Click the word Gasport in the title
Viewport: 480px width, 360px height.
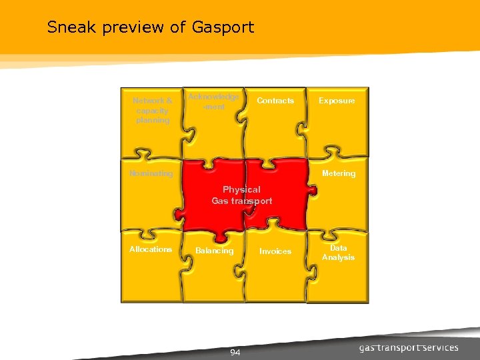pos(223,28)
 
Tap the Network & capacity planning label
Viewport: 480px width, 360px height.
pos(153,111)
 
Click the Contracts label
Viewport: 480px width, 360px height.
pos(275,101)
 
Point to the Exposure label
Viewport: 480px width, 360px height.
pos(337,101)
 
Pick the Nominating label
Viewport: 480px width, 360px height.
pos(151,174)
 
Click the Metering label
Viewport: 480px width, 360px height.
pos(339,173)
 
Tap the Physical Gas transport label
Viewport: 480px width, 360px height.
pos(242,195)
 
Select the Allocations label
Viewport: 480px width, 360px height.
pos(151,249)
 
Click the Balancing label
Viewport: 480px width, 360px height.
pos(215,251)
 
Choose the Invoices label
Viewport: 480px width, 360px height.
pos(275,252)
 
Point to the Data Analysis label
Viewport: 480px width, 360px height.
pos(339,253)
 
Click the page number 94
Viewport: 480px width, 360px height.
pos(235,352)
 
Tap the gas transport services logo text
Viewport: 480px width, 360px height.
pos(409,348)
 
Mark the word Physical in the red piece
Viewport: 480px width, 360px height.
pos(242,190)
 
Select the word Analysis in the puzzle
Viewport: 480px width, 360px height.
pos(339,257)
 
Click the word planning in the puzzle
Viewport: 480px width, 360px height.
pos(153,121)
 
